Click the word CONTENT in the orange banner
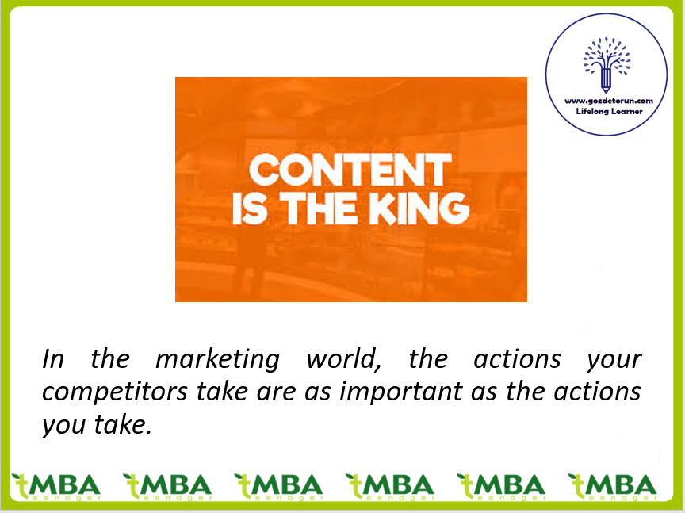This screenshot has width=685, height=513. click(x=350, y=170)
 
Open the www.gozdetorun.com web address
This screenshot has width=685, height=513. click(x=609, y=101)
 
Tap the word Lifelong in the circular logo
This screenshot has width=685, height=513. click(x=592, y=112)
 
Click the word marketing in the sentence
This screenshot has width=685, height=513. click(x=217, y=360)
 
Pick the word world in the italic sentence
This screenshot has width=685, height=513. click(x=343, y=360)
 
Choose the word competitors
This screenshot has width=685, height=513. click(x=114, y=392)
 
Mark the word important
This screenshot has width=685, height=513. click(x=400, y=391)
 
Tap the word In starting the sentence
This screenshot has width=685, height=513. click(x=53, y=359)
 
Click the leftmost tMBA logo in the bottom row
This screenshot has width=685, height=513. click(x=56, y=487)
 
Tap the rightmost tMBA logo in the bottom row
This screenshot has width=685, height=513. click(x=612, y=487)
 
